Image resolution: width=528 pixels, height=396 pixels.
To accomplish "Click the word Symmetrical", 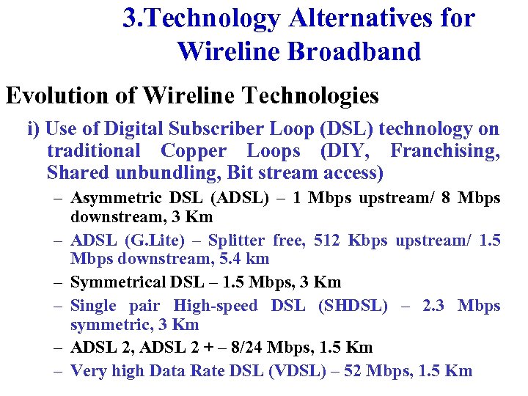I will (118, 282).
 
